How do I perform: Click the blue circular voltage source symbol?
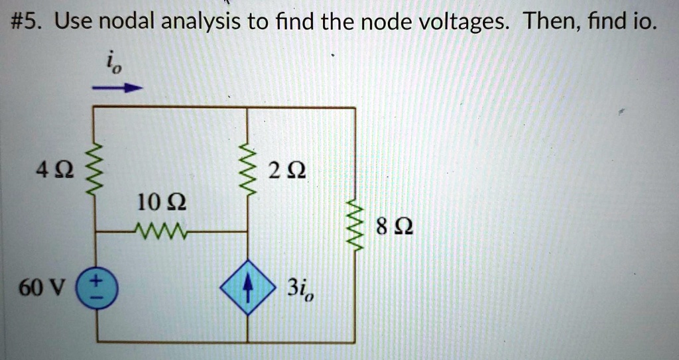tap(97, 290)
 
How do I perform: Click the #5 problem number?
tap(28, 25)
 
